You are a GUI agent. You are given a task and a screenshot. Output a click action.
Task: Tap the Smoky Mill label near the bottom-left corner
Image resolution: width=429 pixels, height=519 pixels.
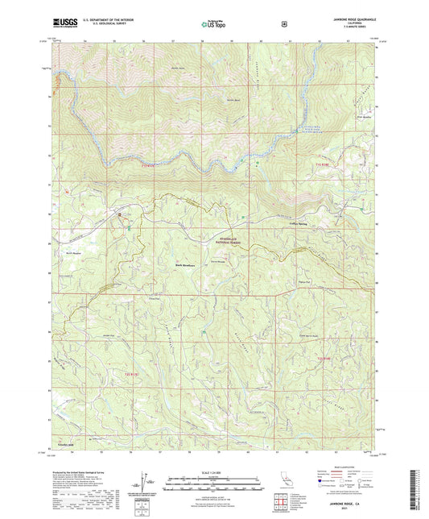pyautogui.click(x=64, y=442)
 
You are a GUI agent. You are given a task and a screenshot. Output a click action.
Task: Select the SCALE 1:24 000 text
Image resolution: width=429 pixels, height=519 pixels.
pyautogui.click(x=213, y=471)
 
